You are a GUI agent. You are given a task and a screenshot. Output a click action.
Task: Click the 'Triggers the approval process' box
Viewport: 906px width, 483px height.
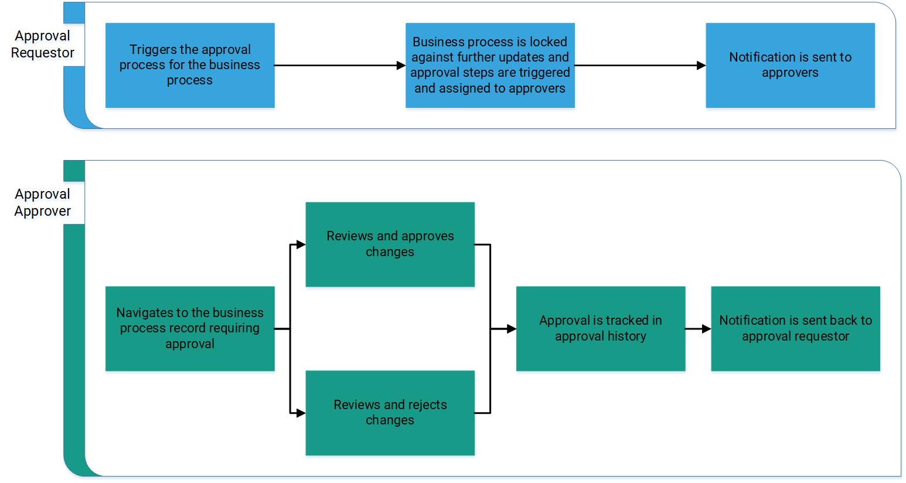[190, 65]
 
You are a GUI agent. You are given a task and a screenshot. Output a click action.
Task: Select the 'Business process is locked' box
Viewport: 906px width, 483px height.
[490, 65]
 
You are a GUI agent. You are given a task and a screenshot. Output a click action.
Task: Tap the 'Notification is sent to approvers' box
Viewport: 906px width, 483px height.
[790, 65]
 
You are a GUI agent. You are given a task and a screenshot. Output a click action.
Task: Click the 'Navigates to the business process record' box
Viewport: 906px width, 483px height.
[190, 328]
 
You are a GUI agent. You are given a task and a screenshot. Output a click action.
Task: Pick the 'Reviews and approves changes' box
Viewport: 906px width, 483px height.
[390, 244]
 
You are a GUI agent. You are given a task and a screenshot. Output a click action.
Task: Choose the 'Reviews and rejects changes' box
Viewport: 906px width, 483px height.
[390, 413]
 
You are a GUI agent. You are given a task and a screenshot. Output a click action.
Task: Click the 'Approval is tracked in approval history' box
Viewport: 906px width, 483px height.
[600, 328]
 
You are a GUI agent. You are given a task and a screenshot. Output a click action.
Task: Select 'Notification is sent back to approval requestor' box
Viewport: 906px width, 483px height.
[795, 328]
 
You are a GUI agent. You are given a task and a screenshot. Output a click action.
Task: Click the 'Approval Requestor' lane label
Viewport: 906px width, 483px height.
[43, 45]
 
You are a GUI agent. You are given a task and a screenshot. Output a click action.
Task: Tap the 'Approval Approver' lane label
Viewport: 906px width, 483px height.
[43, 203]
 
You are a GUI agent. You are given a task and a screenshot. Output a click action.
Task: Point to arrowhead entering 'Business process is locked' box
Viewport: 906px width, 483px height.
[401, 66]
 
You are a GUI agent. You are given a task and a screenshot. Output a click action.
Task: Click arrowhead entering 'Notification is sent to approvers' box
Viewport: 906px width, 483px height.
[701, 66]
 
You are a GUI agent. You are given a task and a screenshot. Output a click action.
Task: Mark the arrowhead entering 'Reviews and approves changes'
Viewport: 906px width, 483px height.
[301, 244]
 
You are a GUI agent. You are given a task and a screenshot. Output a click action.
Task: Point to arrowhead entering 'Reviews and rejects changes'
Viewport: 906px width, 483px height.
[301, 413]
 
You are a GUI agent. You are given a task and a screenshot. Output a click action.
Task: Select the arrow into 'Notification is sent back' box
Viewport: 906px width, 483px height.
[706, 329]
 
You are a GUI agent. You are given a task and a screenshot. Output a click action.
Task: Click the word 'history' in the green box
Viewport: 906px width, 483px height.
[626, 336]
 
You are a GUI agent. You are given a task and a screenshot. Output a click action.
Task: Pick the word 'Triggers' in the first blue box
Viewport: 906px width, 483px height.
[151, 50]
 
